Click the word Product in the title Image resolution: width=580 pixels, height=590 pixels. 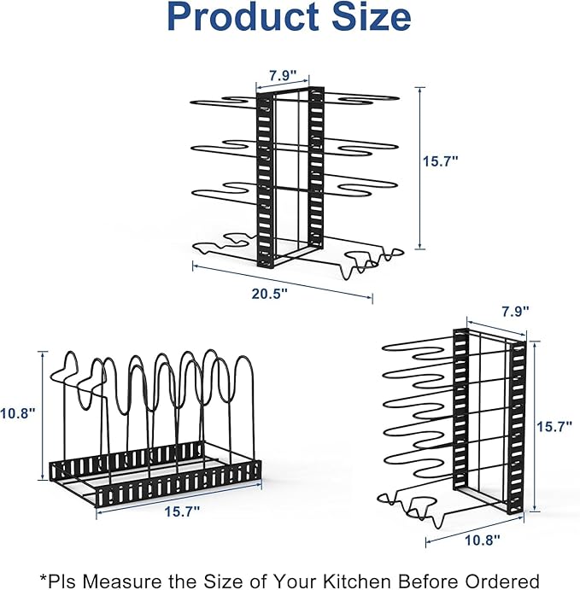click(x=243, y=17)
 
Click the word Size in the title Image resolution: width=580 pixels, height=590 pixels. click(x=372, y=17)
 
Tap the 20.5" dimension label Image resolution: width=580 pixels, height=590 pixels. click(x=269, y=294)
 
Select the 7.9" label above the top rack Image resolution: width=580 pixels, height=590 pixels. click(x=283, y=75)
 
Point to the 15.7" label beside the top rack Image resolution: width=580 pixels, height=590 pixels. click(x=441, y=161)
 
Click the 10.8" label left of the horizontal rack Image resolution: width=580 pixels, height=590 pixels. click(x=18, y=413)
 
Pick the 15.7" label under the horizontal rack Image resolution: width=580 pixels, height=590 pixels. click(x=182, y=511)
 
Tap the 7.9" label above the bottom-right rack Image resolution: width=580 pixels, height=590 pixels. click(x=515, y=311)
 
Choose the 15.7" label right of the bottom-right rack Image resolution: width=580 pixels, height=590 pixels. click(x=554, y=427)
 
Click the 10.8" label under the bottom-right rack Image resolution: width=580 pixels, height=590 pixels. click(x=483, y=540)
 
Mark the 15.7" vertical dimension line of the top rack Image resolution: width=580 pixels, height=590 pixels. click(x=420, y=168)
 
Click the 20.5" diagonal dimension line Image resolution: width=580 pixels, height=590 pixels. click(x=283, y=283)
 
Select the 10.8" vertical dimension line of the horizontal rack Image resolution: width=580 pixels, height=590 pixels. click(x=43, y=416)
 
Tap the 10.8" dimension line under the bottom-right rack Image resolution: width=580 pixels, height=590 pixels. click(x=475, y=531)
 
